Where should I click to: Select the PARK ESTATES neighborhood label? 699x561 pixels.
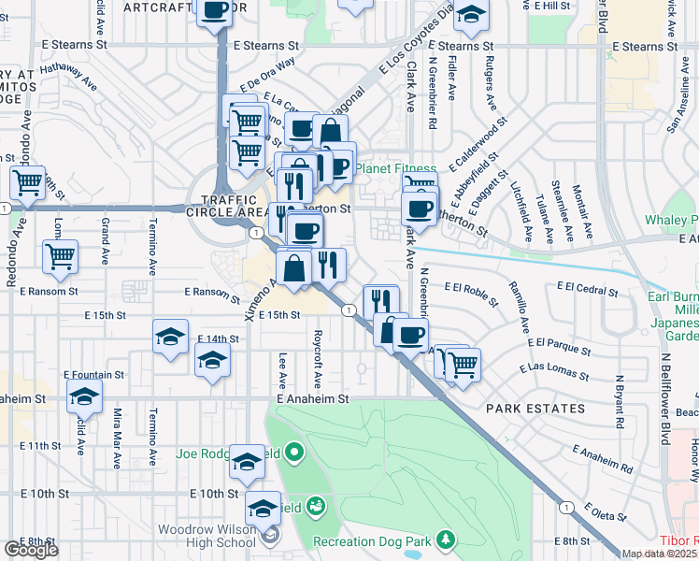click(x=535, y=409)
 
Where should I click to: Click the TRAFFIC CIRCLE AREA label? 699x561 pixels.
click(x=227, y=206)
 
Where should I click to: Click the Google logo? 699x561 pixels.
click(x=32, y=550)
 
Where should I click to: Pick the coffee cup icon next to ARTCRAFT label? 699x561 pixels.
click(x=215, y=11)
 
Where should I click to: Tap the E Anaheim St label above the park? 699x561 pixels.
click(x=312, y=398)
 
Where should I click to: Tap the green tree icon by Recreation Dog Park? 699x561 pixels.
click(x=447, y=539)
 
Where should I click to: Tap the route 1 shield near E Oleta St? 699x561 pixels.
click(x=565, y=506)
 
